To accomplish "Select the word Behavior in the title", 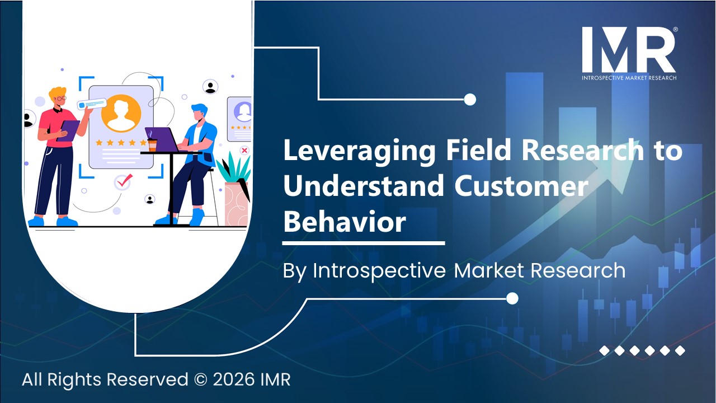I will coord(344,222).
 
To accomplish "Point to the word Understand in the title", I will coord(363,187).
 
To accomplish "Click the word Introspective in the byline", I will coord(379,270).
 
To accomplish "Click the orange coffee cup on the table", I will coord(152,145).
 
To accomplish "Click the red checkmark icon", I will coord(123,181).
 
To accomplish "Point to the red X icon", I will coord(244,150).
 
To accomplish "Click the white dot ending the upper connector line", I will coord(470,100).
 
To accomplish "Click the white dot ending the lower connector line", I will coord(512,299).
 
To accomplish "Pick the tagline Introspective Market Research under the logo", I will coord(629,77).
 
